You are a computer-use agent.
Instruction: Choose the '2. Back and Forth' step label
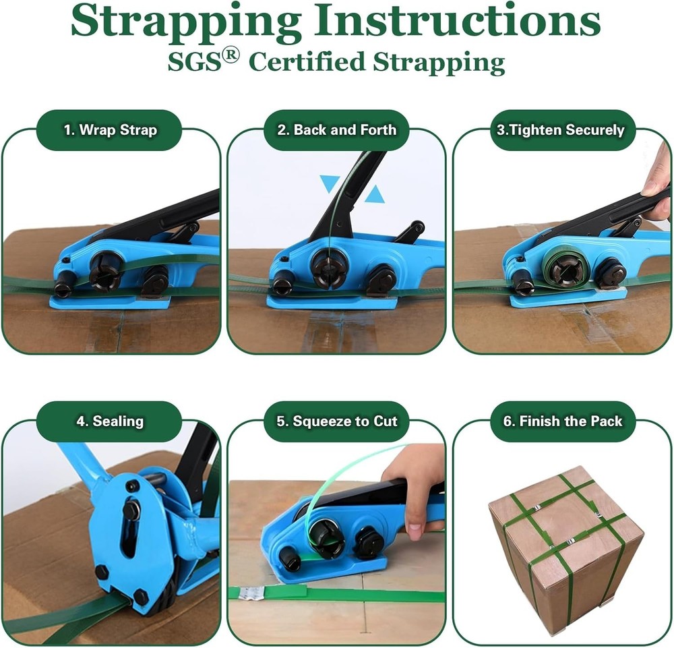tap(337, 130)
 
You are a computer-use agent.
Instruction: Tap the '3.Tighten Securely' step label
tap(561, 130)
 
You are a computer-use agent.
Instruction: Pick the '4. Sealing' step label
tap(109, 421)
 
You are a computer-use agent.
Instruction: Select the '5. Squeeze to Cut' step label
tap(337, 421)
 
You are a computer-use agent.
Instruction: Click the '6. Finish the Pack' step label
tap(563, 421)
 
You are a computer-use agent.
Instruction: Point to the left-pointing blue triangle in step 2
tap(330, 183)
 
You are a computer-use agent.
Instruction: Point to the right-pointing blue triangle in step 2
tap(375, 195)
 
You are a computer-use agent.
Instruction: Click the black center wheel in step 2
tap(329, 268)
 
